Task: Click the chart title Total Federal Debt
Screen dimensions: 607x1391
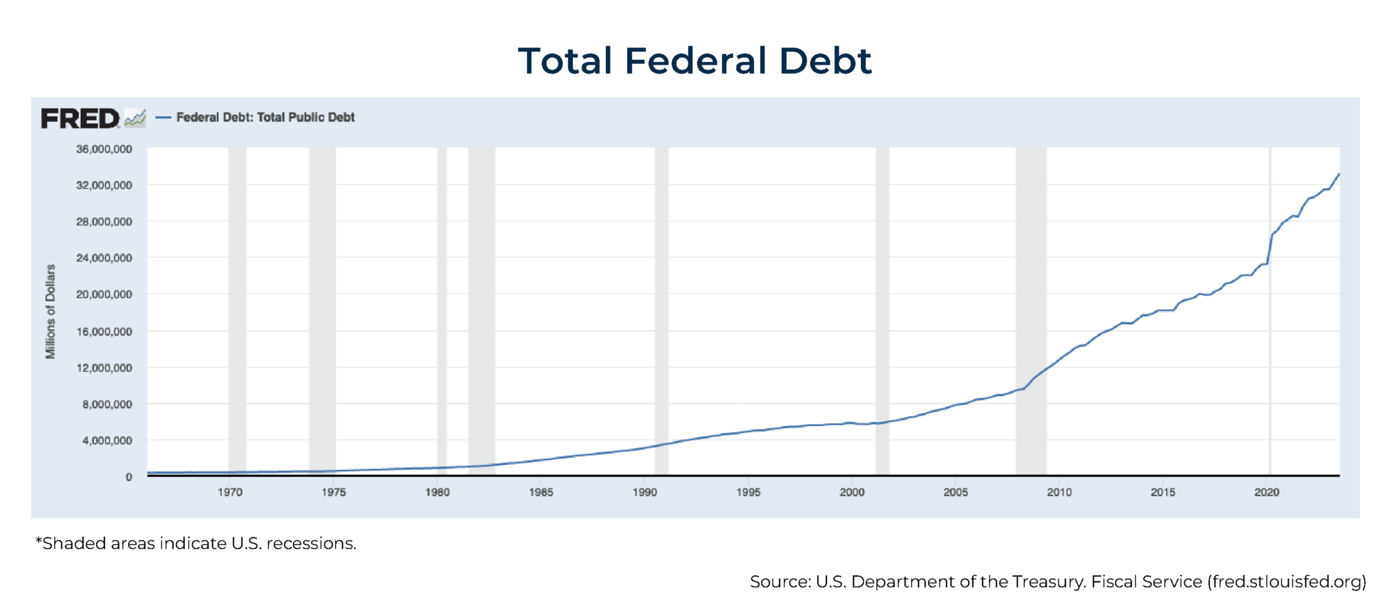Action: pos(694,61)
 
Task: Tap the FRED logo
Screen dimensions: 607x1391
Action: pos(81,118)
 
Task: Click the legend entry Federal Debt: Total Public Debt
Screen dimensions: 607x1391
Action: pos(265,118)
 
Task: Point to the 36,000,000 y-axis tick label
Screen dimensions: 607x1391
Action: pos(104,149)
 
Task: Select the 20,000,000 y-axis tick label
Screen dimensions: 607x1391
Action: pos(104,294)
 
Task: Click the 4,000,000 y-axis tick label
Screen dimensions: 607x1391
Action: pos(107,441)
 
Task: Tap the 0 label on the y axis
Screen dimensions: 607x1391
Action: pos(129,478)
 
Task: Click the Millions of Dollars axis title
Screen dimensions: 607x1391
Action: pos(50,312)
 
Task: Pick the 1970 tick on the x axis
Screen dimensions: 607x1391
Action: pos(230,492)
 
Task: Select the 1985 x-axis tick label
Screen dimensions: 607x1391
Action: pos(541,492)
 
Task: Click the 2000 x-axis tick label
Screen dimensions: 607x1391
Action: pos(852,492)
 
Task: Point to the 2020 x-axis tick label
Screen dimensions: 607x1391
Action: pos(1267,492)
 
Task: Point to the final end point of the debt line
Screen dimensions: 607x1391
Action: pos(1339,175)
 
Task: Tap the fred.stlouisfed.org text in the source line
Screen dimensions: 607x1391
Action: pos(1287,582)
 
